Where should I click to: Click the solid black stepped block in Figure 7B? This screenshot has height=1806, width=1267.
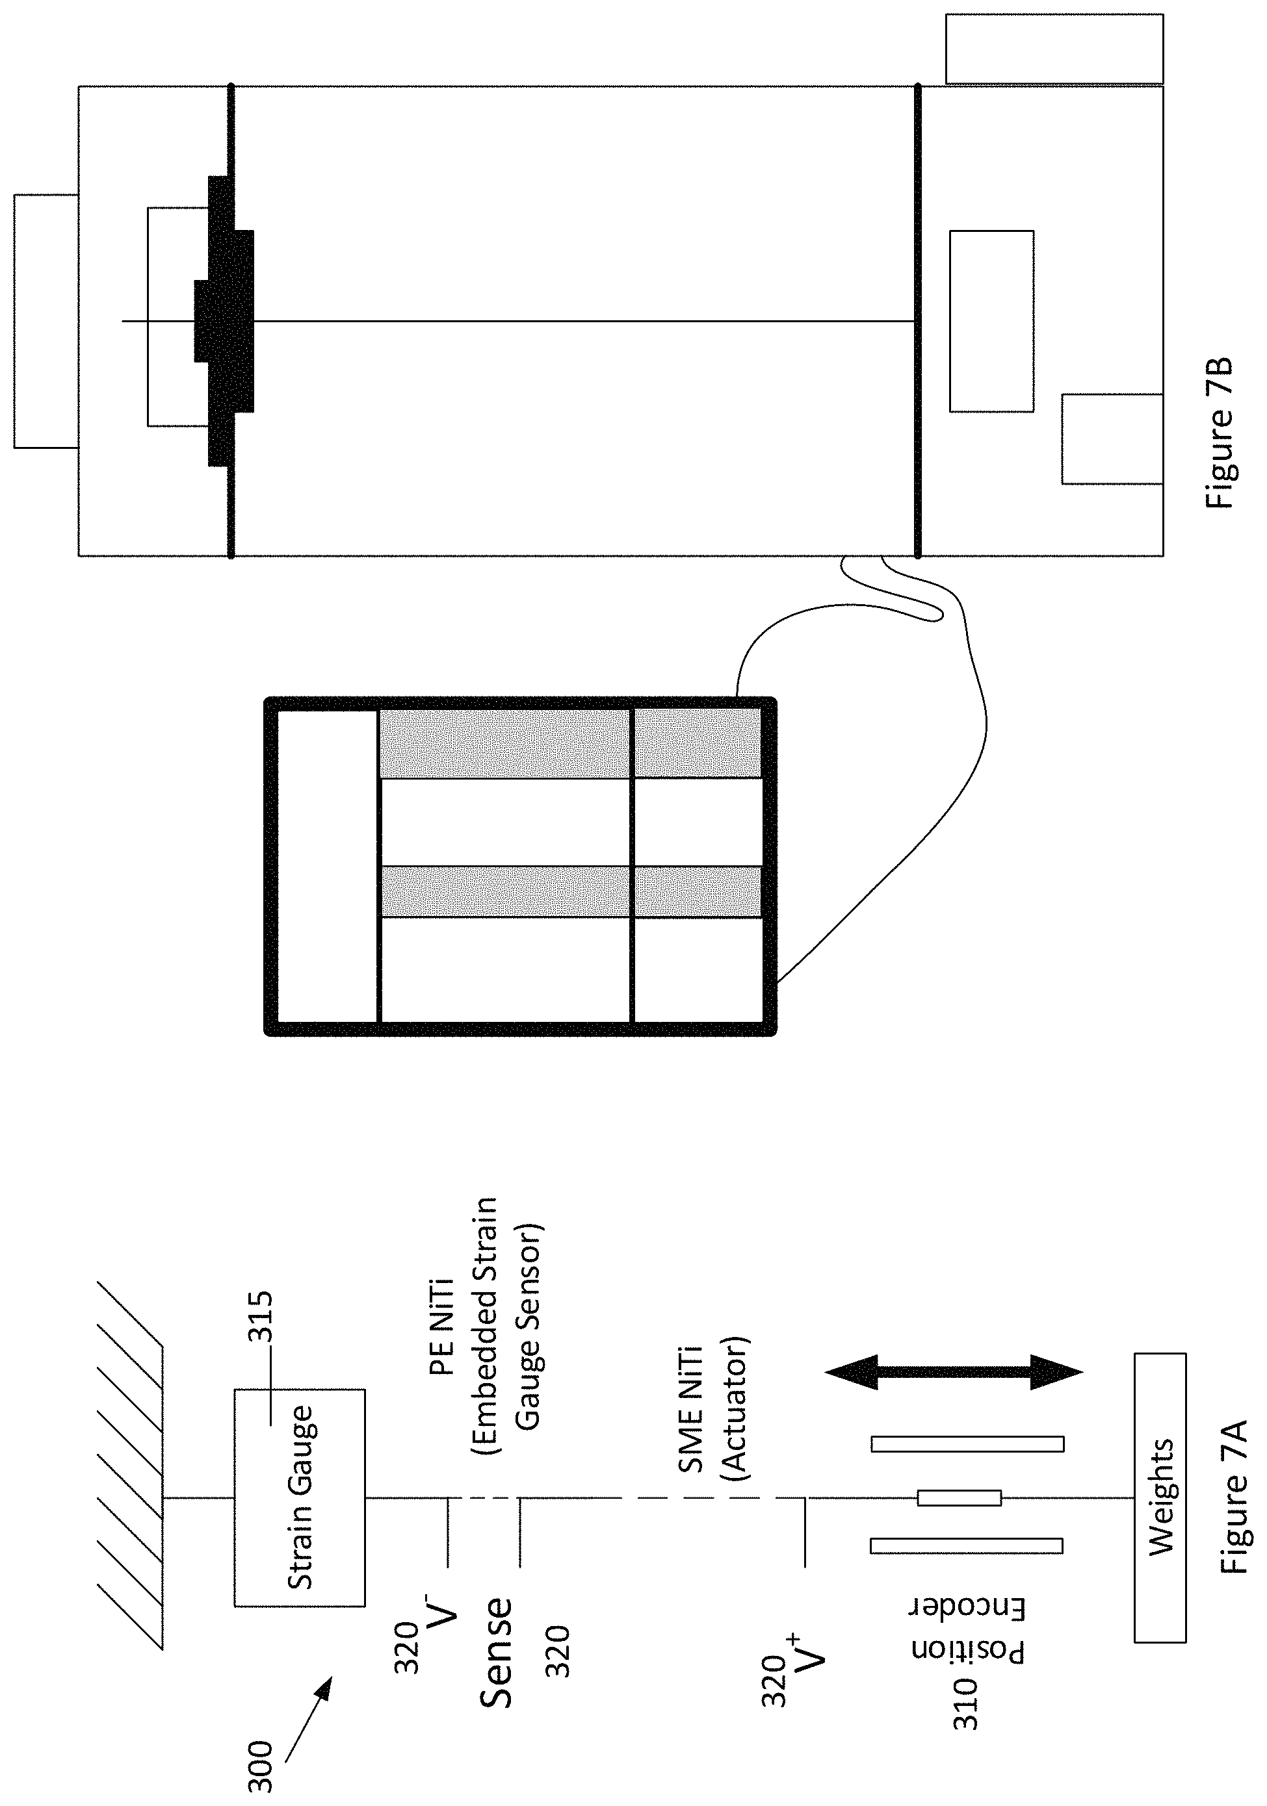click(224, 321)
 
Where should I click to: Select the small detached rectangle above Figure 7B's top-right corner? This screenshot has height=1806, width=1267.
click(1054, 49)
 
